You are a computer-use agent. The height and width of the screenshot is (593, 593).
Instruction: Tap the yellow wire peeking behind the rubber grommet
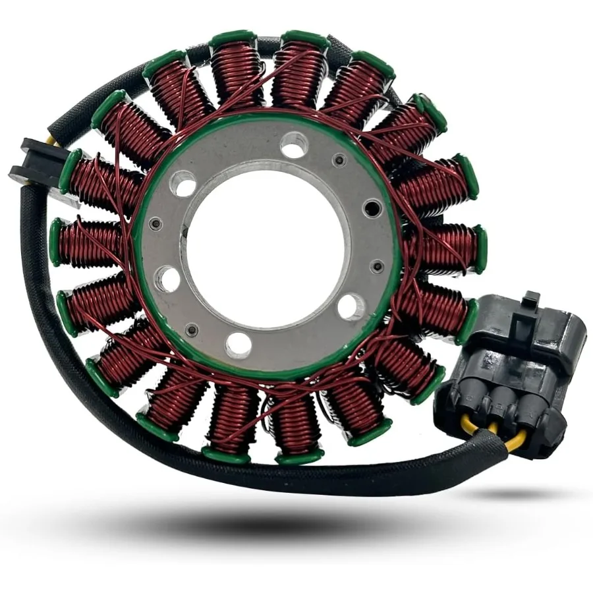point(52,141)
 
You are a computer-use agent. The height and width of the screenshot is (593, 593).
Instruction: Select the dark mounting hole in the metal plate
point(373,208)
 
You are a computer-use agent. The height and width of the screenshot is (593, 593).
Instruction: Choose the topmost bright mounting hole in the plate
point(294,145)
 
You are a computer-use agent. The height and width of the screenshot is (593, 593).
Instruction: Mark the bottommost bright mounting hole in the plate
point(239,345)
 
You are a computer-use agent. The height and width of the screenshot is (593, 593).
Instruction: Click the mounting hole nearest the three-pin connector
point(351,306)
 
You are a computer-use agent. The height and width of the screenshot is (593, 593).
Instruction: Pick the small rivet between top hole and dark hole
point(339,159)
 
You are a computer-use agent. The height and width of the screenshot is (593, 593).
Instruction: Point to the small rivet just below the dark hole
point(377,266)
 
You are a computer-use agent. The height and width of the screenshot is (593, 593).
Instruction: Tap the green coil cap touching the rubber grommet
point(69,170)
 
